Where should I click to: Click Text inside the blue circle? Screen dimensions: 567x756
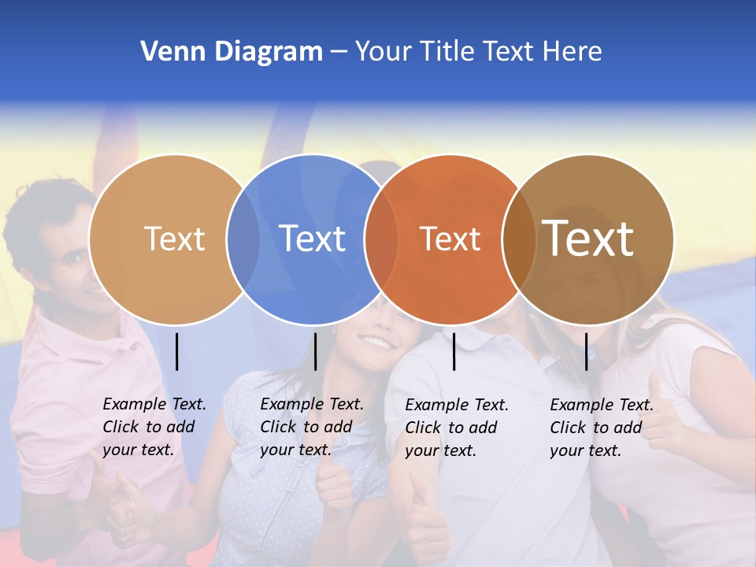click(313, 239)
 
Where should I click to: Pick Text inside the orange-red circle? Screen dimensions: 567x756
click(450, 239)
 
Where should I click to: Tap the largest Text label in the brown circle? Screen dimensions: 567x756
click(587, 238)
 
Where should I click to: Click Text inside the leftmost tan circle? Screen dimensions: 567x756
click(174, 239)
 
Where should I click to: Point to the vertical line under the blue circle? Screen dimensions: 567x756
click(315, 351)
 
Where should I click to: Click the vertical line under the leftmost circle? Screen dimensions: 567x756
click(177, 351)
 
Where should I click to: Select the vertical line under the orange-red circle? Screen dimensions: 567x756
click(454, 351)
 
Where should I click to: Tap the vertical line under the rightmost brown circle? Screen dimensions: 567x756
click(587, 351)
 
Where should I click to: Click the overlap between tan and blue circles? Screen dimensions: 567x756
click(243, 239)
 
